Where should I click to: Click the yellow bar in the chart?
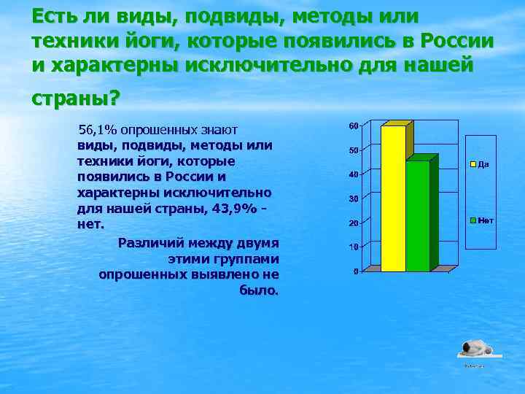pos(393,197)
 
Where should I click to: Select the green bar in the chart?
pos(418,215)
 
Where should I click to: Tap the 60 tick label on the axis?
pos(353,126)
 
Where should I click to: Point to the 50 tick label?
pos(353,151)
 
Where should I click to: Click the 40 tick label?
pos(353,175)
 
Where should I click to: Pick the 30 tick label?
pos(353,199)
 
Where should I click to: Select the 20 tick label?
pos(353,223)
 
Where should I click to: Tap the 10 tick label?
pos(353,247)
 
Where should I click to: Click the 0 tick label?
pos(355,271)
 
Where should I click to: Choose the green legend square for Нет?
pos(472,220)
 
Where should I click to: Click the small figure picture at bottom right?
pos(477,349)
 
